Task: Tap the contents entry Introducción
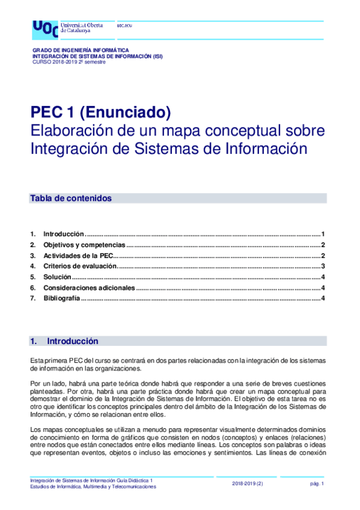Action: click(x=63, y=234)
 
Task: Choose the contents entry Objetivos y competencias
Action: click(x=84, y=245)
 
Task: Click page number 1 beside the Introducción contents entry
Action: click(x=323, y=234)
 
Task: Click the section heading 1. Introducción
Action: click(x=64, y=342)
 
